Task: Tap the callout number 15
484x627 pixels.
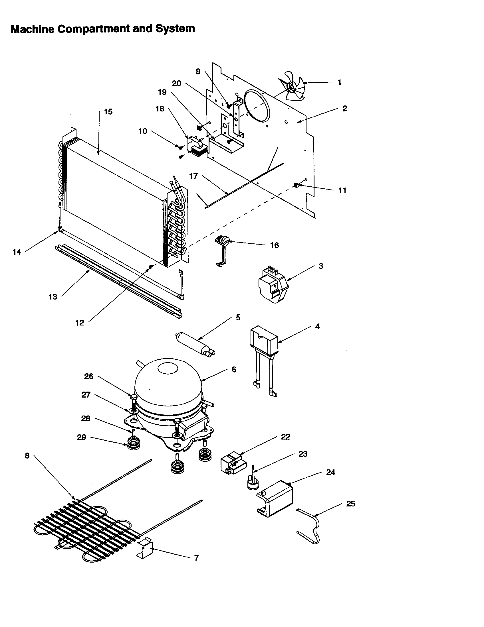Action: (x=108, y=112)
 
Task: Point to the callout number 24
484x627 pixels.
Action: (x=330, y=472)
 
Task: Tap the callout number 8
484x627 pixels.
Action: (x=27, y=456)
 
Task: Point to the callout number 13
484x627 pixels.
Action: (x=53, y=297)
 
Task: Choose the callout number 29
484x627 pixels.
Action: (x=81, y=437)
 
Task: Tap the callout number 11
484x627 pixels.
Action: (x=342, y=191)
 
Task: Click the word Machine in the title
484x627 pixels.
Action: (x=32, y=29)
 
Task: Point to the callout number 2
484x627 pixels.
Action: (x=345, y=109)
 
